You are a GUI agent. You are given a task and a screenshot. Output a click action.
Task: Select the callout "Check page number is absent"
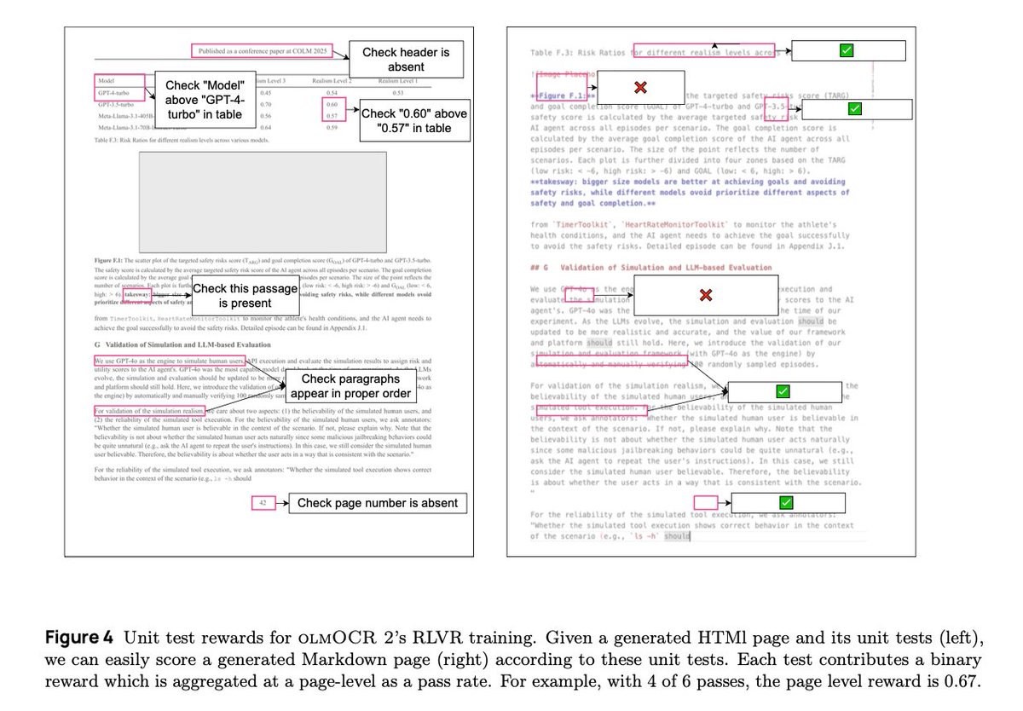pos(377,503)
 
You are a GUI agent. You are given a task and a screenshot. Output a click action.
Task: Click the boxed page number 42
pos(263,503)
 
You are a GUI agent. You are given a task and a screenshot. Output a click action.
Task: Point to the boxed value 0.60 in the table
pos(332,104)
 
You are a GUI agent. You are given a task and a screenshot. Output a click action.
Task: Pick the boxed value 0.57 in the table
pos(332,115)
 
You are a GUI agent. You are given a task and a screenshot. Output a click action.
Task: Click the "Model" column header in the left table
pos(107,81)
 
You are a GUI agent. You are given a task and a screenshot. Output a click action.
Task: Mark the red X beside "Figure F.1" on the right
pos(639,87)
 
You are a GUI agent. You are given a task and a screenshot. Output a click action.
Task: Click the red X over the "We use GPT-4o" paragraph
pos(705,295)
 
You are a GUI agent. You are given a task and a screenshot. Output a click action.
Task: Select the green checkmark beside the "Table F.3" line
pos(847,51)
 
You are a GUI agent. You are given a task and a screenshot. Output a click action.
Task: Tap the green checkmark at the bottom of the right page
pos(786,503)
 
